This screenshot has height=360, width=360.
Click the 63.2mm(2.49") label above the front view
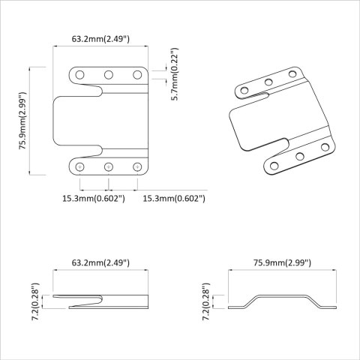point(100,37)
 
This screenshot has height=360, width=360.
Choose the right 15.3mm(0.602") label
point(173,198)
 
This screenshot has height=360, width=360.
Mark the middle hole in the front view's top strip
point(108,74)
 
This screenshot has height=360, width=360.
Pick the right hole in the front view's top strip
point(137,74)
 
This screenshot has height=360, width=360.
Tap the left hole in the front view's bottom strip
point(79,166)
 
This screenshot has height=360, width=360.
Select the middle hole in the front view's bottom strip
point(108,166)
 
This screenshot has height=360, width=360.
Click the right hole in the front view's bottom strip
point(137,166)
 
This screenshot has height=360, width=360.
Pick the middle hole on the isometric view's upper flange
point(268,82)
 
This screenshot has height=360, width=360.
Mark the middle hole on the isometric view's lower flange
point(300,156)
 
